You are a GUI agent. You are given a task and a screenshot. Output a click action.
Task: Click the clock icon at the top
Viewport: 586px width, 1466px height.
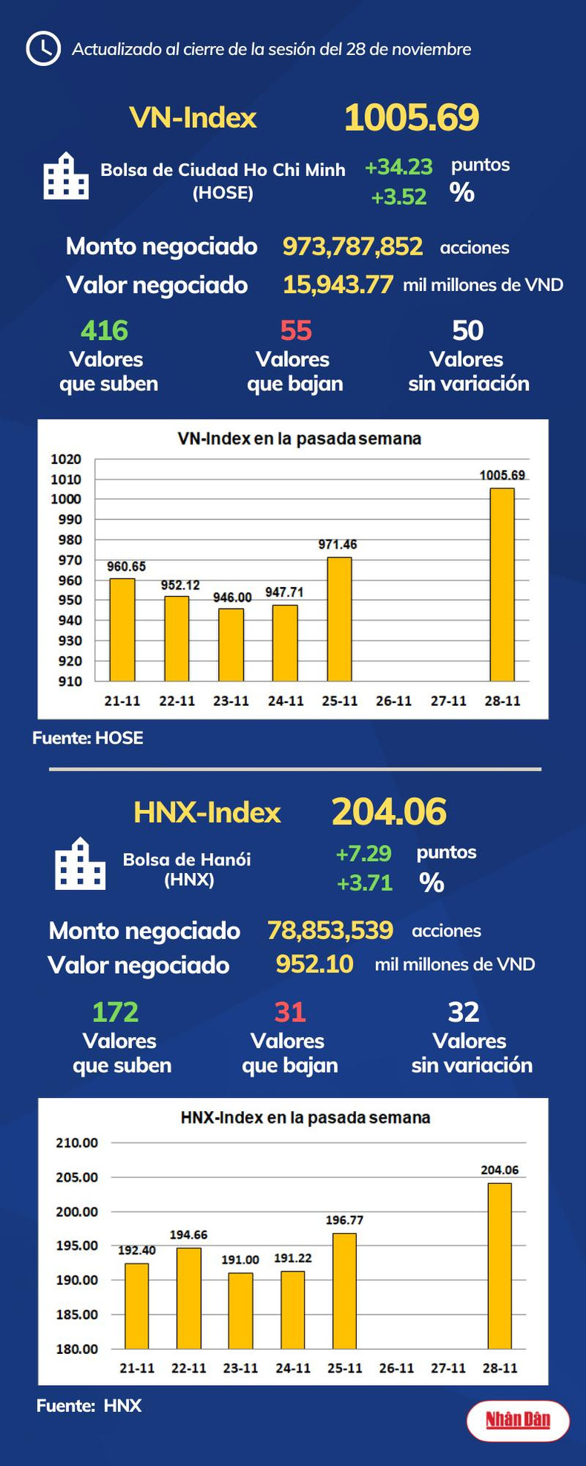coord(43,49)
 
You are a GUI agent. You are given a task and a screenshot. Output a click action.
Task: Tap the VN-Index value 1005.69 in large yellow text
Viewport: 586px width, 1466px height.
coord(412,117)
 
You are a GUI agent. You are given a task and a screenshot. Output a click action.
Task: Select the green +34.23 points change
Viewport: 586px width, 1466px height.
coord(398,167)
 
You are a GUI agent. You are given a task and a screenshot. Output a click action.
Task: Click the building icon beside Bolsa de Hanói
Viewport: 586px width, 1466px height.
coord(80,864)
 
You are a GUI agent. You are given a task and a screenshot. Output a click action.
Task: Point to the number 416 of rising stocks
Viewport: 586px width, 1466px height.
coord(105,330)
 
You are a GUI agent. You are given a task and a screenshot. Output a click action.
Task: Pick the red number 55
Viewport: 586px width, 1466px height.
coord(296,330)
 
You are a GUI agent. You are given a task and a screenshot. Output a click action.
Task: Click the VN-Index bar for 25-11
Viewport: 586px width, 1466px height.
coord(340,619)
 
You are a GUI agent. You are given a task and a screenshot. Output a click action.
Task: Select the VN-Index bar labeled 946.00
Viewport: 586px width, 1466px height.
coord(231,644)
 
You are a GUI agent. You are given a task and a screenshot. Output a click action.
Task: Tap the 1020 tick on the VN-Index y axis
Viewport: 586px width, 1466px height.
coord(66,459)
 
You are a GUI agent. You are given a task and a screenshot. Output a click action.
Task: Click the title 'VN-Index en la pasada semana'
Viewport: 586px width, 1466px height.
coord(299,439)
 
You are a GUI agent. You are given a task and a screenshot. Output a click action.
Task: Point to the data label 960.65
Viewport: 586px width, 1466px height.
coord(126,566)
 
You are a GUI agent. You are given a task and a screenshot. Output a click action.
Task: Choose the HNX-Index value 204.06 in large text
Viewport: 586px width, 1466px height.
coord(389,811)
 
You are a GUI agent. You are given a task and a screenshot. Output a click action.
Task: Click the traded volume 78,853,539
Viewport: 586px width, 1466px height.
coord(330,930)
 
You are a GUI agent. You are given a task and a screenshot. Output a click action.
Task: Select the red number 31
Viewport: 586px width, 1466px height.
coord(290,1012)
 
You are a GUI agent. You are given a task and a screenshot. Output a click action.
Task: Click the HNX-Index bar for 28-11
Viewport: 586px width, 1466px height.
coord(499,1265)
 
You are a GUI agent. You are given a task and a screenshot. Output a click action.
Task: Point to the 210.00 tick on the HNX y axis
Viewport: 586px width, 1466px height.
coord(77,1143)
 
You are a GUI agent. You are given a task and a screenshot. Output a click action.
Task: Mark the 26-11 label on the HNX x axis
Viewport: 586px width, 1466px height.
coord(396,1367)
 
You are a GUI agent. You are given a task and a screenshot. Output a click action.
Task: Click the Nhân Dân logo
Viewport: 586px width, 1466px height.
coord(518,1421)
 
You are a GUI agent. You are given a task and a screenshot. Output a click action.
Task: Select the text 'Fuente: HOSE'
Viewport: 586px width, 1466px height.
coord(88,738)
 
